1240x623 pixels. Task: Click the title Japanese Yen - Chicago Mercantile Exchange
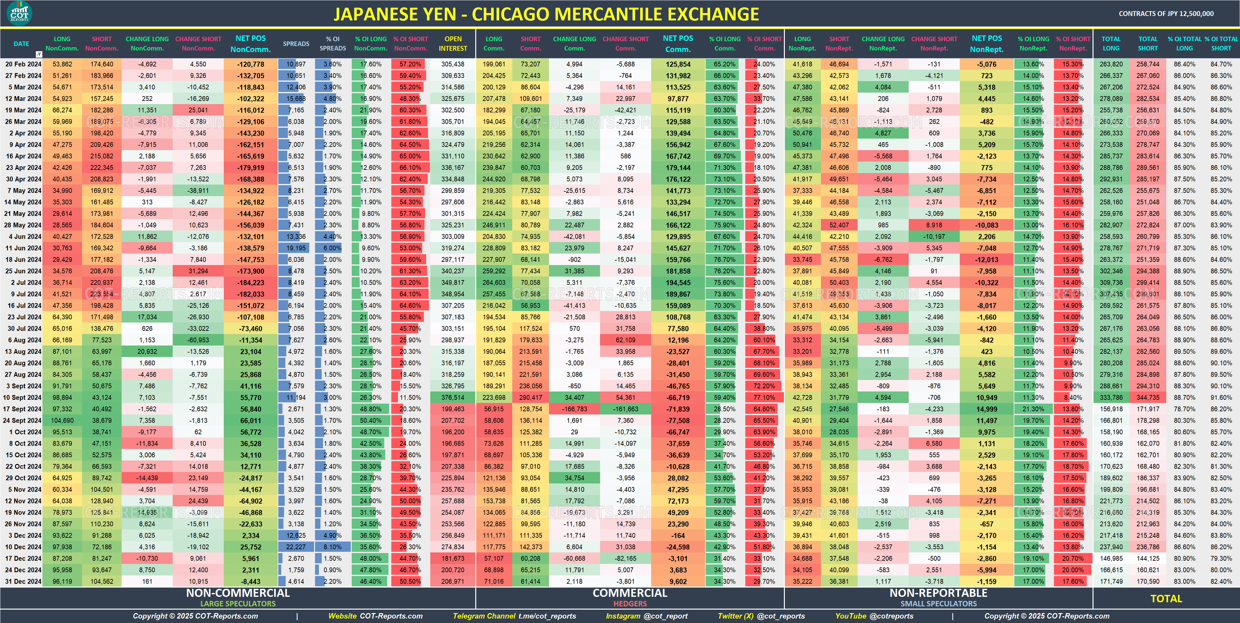546,14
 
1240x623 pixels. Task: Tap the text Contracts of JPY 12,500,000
1166,13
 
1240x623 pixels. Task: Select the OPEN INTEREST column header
453,43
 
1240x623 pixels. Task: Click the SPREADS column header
296,44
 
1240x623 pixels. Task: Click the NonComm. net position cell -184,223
251,283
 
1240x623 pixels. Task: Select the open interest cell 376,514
453,398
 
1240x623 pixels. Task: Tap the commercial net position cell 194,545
678,283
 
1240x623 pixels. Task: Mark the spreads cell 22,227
296,547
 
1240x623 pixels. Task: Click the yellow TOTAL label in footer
1166,598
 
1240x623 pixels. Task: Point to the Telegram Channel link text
514,616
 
